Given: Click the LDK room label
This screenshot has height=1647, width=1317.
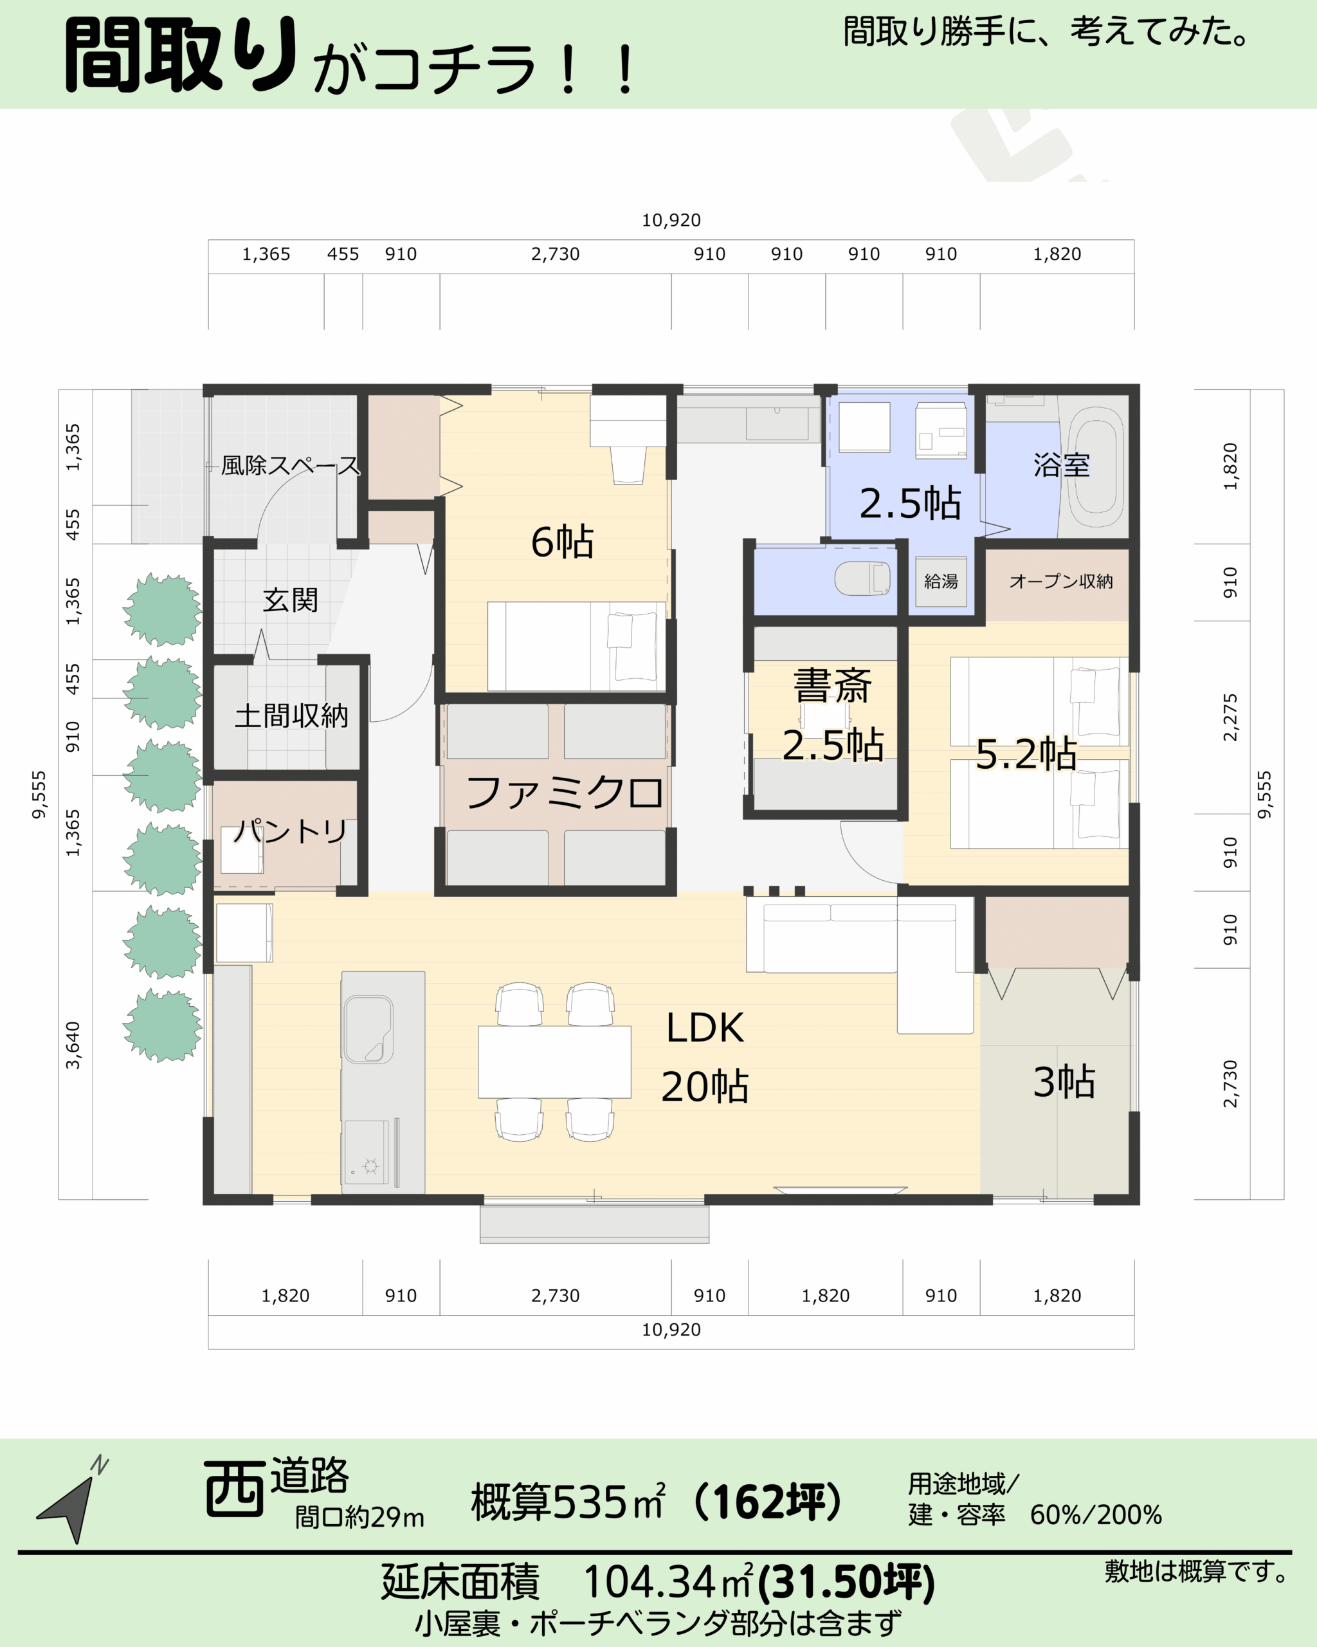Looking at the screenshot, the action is [x=705, y=1027].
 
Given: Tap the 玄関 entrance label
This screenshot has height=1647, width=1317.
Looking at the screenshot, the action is [x=290, y=600].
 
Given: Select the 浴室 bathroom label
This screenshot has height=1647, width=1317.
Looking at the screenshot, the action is [x=1061, y=465].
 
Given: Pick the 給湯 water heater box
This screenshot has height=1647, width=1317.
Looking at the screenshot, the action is [x=941, y=582].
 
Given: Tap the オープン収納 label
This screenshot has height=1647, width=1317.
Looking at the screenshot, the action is [x=1061, y=582].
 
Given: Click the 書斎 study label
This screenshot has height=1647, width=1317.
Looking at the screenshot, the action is [x=832, y=685].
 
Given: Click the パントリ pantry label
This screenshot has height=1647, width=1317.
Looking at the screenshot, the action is [x=290, y=831].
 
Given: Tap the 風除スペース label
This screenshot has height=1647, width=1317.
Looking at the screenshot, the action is [x=290, y=465].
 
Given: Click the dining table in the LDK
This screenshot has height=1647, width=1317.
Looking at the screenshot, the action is [x=554, y=1062].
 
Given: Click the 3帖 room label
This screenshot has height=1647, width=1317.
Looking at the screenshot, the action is [x=1064, y=1081].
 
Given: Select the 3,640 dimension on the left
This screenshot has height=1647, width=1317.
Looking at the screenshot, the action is [x=73, y=1045].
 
